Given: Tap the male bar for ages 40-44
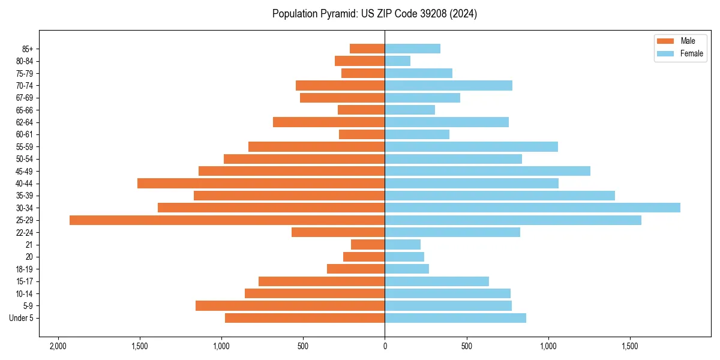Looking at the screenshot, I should coord(261,183).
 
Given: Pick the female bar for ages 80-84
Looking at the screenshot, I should coord(398,61).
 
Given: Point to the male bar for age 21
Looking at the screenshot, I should coord(368,245).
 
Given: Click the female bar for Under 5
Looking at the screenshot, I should coord(455,318).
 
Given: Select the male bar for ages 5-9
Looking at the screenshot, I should coord(290,306).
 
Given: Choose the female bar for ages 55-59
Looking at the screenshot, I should coord(471,146).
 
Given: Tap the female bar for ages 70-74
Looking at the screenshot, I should coord(448,85).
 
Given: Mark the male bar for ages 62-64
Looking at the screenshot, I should coord(329,122).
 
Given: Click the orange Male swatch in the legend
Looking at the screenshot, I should coord(665,41).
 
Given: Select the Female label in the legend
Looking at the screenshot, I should coord(692,53).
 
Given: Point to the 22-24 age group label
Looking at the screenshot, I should coord(25,232).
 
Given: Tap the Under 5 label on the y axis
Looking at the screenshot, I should coord(22,318).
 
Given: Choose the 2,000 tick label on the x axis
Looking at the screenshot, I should coord(58,346).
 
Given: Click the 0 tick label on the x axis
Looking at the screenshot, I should coord(385,346).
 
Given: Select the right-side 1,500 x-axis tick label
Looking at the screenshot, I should coord(630,346).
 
